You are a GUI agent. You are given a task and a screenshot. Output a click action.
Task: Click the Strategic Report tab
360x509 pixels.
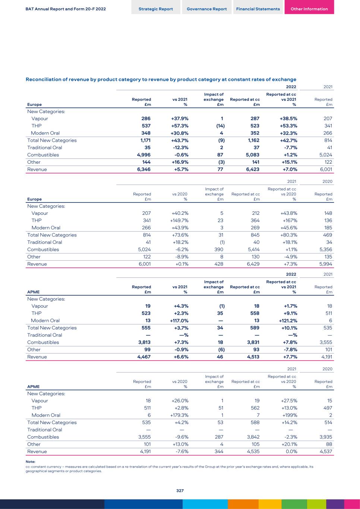click(x=155, y=9)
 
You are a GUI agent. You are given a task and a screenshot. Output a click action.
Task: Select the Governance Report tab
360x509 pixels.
click(x=206, y=9)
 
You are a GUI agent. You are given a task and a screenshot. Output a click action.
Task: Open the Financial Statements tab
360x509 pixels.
click(x=258, y=9)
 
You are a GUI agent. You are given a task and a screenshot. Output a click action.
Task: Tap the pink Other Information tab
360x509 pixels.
click(x=309, y=9)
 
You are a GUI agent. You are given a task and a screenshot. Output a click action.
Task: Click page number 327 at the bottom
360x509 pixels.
click(x=180, y=491)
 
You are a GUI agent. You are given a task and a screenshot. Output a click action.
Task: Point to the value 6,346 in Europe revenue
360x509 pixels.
click(x=144, y=169)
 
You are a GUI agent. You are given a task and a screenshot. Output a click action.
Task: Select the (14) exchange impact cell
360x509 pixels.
click(x=220, y=126)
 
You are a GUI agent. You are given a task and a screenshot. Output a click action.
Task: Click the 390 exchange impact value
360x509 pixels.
click(x=218, y=249)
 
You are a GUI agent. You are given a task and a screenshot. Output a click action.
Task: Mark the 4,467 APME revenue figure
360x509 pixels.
click(x=144, y=357)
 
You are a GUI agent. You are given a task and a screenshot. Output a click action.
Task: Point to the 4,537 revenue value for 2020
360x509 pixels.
click(x=325, y=452)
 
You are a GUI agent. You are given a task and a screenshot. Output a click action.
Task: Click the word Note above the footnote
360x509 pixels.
click(x=30, y=462)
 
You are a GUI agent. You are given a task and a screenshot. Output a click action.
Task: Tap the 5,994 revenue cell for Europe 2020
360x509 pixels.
click(x=325, y=264)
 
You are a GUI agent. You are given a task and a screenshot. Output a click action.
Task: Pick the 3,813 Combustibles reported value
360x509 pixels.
click(x=144, y=342)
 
